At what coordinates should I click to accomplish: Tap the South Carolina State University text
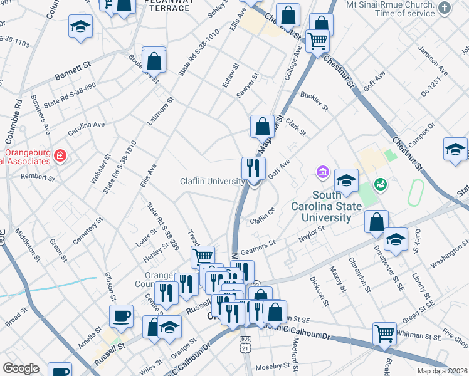325,212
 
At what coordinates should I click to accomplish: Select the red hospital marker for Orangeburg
60,155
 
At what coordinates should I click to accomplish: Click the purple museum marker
323,171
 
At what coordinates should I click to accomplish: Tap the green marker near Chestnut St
380,184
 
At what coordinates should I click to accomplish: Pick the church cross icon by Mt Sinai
445,8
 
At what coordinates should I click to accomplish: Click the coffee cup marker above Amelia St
121,316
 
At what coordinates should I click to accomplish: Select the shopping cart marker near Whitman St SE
384,334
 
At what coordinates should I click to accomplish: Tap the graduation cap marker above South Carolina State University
345,181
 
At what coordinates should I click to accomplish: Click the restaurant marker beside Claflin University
254,169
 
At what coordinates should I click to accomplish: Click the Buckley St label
314,100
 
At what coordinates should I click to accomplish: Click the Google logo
21,368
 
